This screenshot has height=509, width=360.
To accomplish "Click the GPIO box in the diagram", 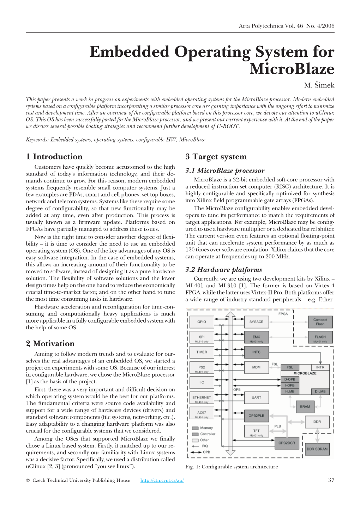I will [x=202, y=322].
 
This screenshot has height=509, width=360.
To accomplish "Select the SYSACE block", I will [x=256, y=322].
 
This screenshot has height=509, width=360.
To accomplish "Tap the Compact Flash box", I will [x=320, y=322].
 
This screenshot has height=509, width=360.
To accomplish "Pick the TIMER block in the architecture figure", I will [x=202, y=352].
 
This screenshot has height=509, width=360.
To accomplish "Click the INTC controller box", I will [x=256, y=352].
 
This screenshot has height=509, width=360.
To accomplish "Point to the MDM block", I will [x=256, y=367].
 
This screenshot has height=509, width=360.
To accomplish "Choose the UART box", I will [x=256, y=397].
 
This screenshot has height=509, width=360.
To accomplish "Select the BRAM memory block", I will [x=305, y=406].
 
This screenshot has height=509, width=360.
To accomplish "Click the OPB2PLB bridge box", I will [x=256, y=415].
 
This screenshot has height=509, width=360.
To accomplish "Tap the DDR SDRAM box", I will [x=317, y=449].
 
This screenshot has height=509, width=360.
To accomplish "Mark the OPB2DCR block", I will [x=287, y=443].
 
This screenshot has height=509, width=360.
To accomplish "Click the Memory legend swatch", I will [x=195, y=428].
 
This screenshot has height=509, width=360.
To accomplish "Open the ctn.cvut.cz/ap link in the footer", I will [x=162, y=480].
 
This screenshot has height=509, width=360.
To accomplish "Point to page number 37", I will [x=331, y=480].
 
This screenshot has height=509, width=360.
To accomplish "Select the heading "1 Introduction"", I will [x=54, y=157].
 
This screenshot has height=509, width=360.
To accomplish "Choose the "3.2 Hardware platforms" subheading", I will [x=223, y=270].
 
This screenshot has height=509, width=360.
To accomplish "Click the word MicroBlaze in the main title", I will [x=292, y=69].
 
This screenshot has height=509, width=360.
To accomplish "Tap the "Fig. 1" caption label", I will [x=193, y=467].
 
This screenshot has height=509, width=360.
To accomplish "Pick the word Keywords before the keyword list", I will [x=37, y=140].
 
